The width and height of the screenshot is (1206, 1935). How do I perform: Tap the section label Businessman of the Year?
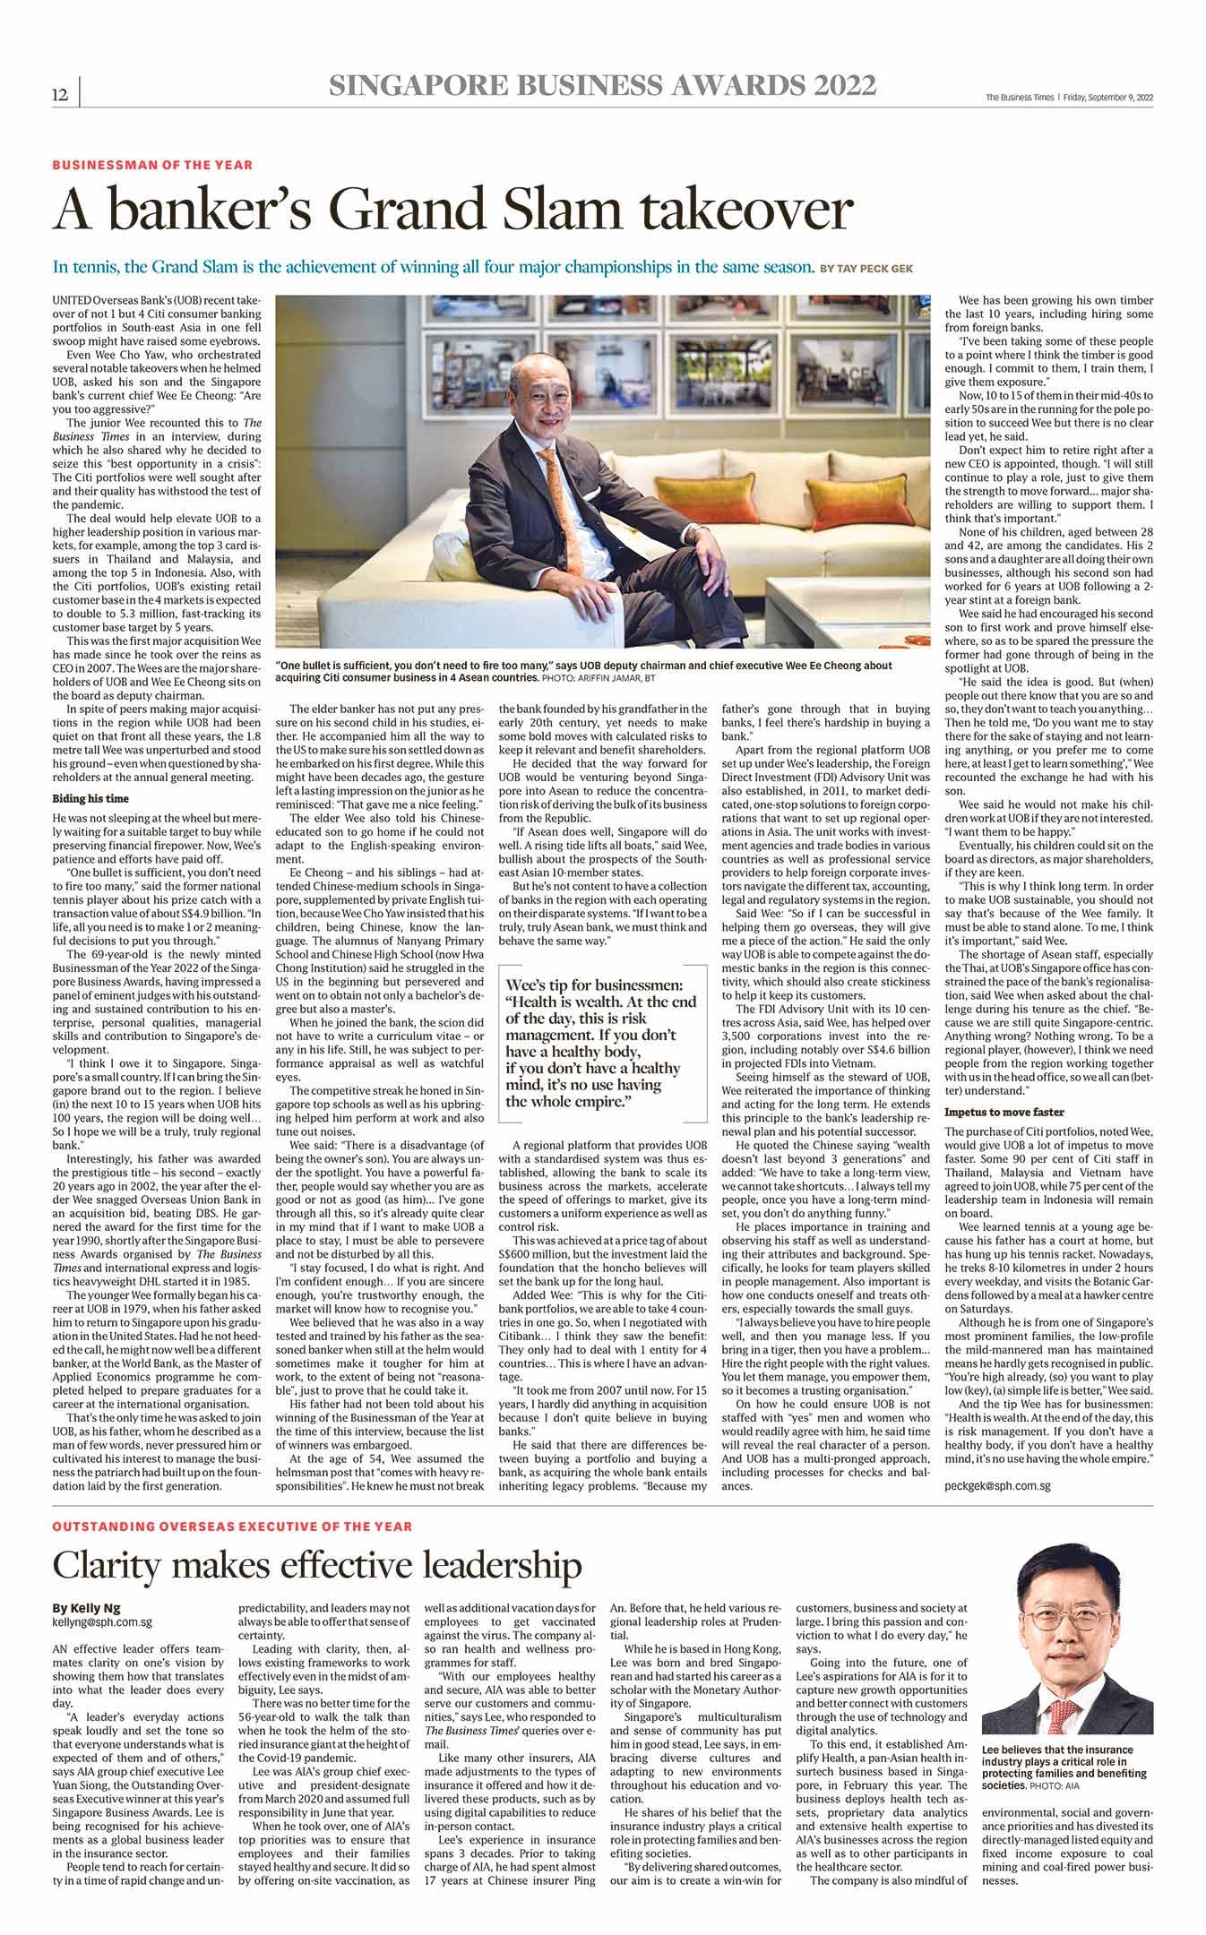152,165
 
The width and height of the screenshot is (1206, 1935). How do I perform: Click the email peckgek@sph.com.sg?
997,1485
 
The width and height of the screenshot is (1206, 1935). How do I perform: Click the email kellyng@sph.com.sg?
102,1621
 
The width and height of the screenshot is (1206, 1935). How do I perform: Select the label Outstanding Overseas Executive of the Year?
232,1526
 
